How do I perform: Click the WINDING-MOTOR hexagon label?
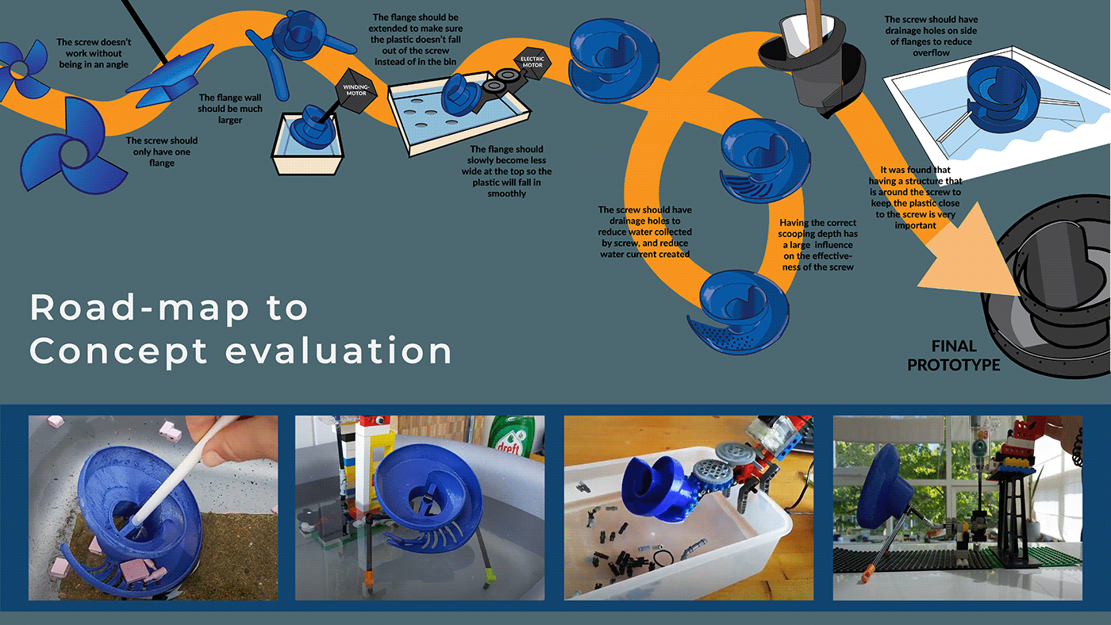pos(356,90)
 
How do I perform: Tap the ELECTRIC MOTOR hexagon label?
pos(532,63)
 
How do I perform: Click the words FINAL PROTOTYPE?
pos(953,356)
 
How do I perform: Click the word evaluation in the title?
pos(339,351)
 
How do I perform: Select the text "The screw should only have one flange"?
pos(162,151)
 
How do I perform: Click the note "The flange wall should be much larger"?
pos(229,109)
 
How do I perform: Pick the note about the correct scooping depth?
pos(817,245)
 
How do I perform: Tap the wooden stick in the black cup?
pos(813,25)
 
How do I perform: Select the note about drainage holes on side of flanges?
pos(931,36)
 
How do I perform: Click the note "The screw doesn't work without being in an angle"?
pos(94,53)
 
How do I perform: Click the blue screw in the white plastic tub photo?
pos(655,489)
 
